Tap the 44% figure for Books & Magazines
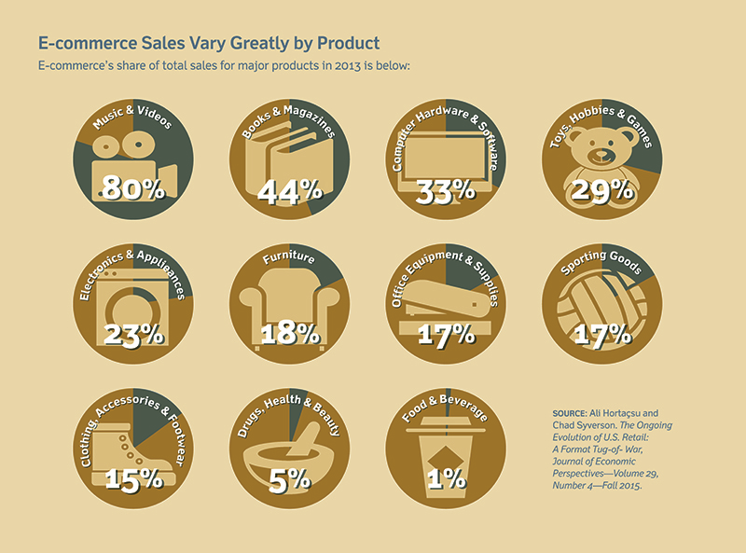coord(290,190)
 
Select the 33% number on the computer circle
coord(447,190)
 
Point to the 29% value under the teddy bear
coord(602,190)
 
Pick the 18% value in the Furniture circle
coord(290,334)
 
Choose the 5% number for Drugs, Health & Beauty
coord(290,478)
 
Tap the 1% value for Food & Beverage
coord(447,478)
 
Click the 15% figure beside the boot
coord(135,478)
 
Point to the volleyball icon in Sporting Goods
coord(602,308)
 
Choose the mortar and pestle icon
coord(290,448)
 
